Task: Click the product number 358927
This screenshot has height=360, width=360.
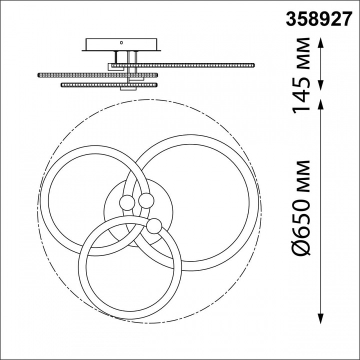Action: point(319,19)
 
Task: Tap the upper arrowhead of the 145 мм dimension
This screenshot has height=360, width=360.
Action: point(320,43)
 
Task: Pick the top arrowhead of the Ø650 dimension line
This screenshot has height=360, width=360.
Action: point(320,104)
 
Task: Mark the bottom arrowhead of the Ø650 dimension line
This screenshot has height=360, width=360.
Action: point(320,318)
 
